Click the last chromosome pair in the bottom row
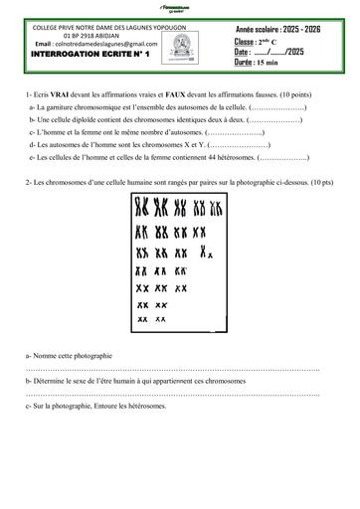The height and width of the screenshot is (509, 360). (x=160, y=319)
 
